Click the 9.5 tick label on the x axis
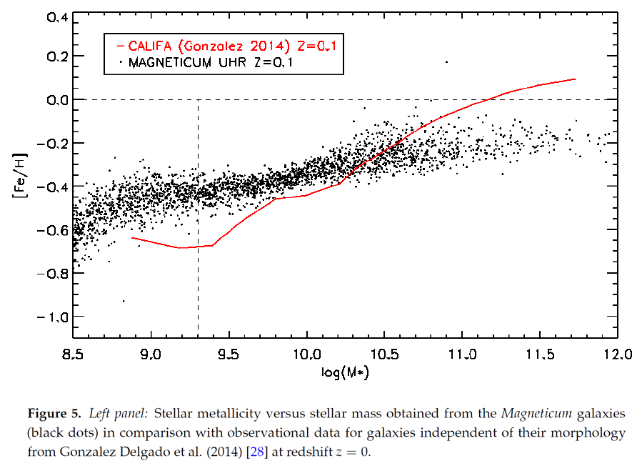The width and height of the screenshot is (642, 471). point(229,355)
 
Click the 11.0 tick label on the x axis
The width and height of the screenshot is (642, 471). point(461,355)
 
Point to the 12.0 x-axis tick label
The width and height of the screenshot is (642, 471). point(617,355)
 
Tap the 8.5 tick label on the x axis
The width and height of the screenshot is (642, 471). point(73,355)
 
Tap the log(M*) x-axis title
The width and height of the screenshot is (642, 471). point(345,373)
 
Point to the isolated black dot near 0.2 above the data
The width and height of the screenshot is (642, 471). point(446,62)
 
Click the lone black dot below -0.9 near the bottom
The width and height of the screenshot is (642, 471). point(124,301)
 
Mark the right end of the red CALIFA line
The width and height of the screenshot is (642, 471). point(575,79)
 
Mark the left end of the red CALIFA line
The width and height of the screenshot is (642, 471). point(131,237)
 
